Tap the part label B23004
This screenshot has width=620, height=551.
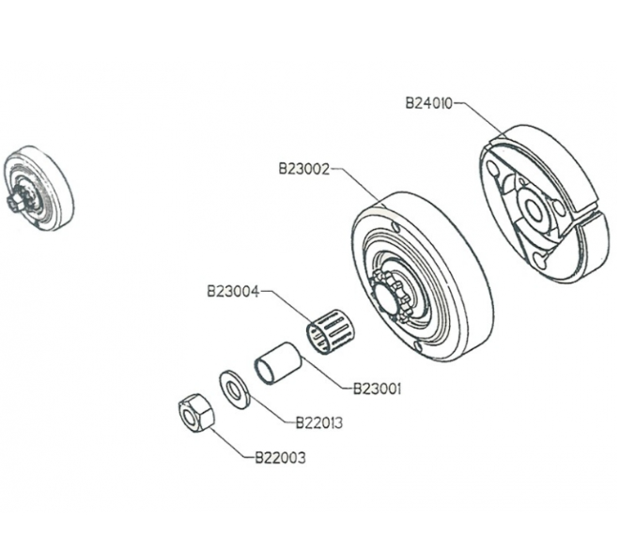232,291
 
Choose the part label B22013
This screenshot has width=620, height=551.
318,422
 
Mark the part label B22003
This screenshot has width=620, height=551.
280,458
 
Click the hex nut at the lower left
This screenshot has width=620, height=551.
194,412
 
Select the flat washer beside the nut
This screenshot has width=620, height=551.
232,388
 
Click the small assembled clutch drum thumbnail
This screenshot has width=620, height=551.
38,188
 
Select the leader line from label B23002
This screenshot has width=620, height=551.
357,184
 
